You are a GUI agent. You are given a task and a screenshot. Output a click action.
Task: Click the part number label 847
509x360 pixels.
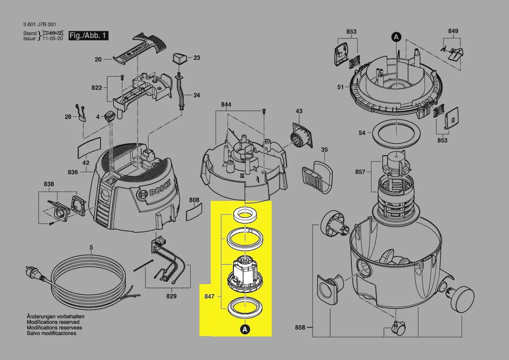tap(209, 296)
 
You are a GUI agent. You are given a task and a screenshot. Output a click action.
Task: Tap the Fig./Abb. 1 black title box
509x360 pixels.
tap(88, 36)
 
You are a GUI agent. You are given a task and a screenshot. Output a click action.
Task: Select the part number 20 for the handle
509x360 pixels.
tap(98, 59)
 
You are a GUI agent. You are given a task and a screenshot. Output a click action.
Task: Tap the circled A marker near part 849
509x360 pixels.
tap(396, 37)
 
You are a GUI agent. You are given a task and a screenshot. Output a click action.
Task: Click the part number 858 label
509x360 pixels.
tap(300, 327)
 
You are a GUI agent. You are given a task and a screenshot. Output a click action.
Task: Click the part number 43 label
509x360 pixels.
tap(299, 112)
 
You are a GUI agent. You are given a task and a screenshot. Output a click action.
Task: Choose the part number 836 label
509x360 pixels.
tap(73, 172)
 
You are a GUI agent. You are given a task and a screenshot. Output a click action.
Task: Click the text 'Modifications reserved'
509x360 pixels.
tap(54, 322)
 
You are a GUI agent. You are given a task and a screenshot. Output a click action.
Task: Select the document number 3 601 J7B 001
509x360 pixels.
tap(40, 24)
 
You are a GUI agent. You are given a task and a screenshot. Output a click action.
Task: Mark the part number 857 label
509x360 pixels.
tap(360, 172)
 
